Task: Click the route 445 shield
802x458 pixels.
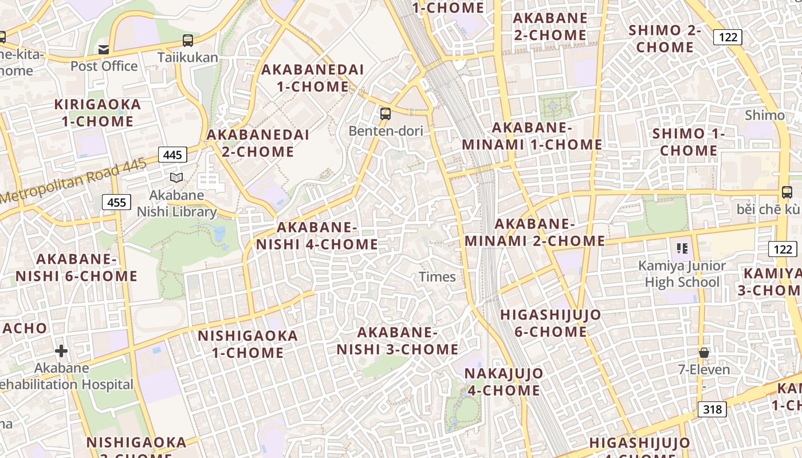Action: pos(172,155)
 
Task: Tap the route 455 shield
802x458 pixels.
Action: pos(117,202)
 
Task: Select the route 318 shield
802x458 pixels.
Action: pos(712,409)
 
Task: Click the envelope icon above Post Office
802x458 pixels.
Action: pos(104,50)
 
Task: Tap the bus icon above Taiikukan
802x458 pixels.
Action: pos(188,41)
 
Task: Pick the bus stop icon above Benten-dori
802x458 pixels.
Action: pos(386,113)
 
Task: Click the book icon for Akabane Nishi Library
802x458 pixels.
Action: pos(176,178)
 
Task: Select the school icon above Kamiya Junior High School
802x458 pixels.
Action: pos(682,248)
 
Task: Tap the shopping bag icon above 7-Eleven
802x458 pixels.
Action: pos(704,353)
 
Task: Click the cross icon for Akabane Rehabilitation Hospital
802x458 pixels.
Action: pos(61,350)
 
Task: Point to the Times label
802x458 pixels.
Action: pos(437,277)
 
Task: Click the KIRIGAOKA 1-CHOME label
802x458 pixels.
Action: pos(97,113)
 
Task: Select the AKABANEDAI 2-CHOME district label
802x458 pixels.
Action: pos(258,143)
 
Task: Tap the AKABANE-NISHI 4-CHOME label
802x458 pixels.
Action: pos(317,236)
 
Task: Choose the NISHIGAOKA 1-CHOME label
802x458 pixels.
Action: pos(248,344)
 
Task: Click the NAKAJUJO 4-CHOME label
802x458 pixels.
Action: pos(504,382)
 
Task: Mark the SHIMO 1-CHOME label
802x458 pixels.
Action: pos(689,142)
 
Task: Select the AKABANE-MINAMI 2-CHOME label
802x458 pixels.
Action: pos(534,232)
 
